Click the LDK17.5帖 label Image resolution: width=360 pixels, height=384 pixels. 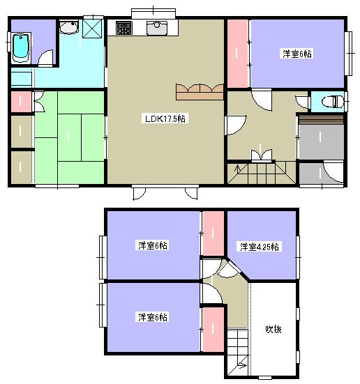click(165, 118)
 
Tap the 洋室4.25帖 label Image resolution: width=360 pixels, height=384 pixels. click(260, 247)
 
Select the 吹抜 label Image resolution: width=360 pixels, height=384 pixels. click(273, 329)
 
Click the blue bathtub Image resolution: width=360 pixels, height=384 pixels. click(21, 48)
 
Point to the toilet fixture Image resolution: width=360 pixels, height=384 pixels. click(333, 101)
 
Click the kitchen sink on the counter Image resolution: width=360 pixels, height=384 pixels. click(157, 28)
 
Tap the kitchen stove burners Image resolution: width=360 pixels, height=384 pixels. click(124, 28)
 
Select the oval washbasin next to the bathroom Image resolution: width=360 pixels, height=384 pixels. click(69, 27)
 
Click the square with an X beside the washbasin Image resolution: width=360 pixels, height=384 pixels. click(92, 29)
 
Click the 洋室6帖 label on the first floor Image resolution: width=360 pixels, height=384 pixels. click(297, 54)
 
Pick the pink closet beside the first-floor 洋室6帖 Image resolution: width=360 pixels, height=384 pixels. click(237, 54)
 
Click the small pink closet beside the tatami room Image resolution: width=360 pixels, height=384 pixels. click(21, 102)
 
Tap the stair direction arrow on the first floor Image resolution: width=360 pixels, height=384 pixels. click(237, 169)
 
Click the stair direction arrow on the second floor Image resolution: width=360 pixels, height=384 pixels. click(242, 366)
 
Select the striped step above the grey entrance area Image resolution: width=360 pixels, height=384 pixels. click(321, 121)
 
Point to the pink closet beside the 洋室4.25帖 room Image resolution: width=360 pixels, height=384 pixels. click(213, 233)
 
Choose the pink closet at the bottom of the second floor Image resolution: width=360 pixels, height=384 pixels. click(213, 330)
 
